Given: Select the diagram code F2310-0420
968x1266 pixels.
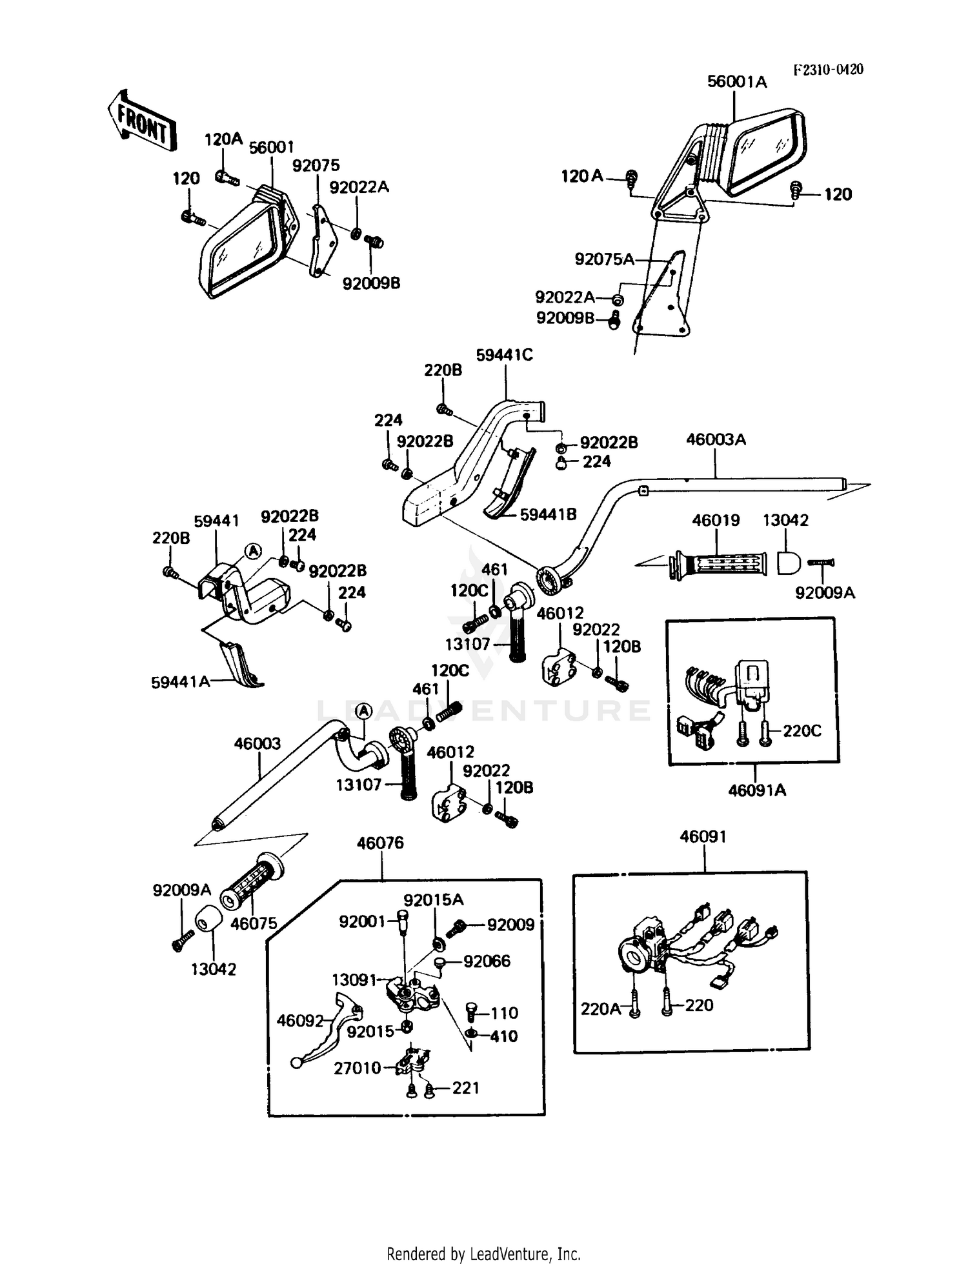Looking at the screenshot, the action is (x=828, y=70).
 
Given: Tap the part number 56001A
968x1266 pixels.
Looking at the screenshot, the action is (x=737, y=82).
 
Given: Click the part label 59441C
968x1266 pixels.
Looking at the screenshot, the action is (x=504, y=355).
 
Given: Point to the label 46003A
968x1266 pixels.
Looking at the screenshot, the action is (x=716, y=439).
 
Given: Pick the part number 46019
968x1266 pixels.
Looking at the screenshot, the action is (x=716, y=520).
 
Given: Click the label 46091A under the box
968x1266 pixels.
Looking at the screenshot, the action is (x=757, y=790).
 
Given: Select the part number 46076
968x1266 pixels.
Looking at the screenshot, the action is (x=380, y=843).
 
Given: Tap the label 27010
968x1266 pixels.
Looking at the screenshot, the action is (x=358, y=1068).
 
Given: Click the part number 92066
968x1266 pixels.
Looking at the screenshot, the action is (x=487, y=961).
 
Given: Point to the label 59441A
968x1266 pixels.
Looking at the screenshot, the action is (x=181, y=681).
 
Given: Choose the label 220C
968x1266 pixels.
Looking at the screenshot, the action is (x=802, y=731).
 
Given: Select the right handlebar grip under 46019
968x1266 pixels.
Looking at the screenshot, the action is (x=718, y=564).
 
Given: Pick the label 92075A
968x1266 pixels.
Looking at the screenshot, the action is (x=605, y=259).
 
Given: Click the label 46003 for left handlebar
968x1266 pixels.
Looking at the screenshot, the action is (x=257, y=744).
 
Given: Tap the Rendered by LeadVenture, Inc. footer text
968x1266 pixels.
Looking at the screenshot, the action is (x=484, y=1254).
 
